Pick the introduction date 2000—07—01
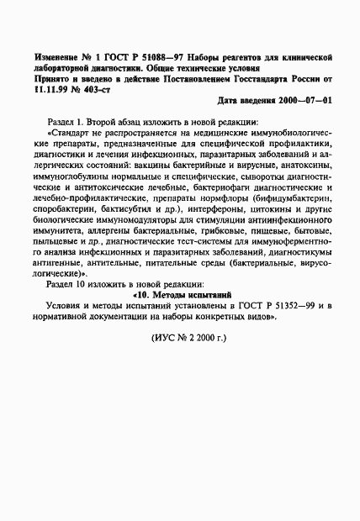(x=305, y=100)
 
